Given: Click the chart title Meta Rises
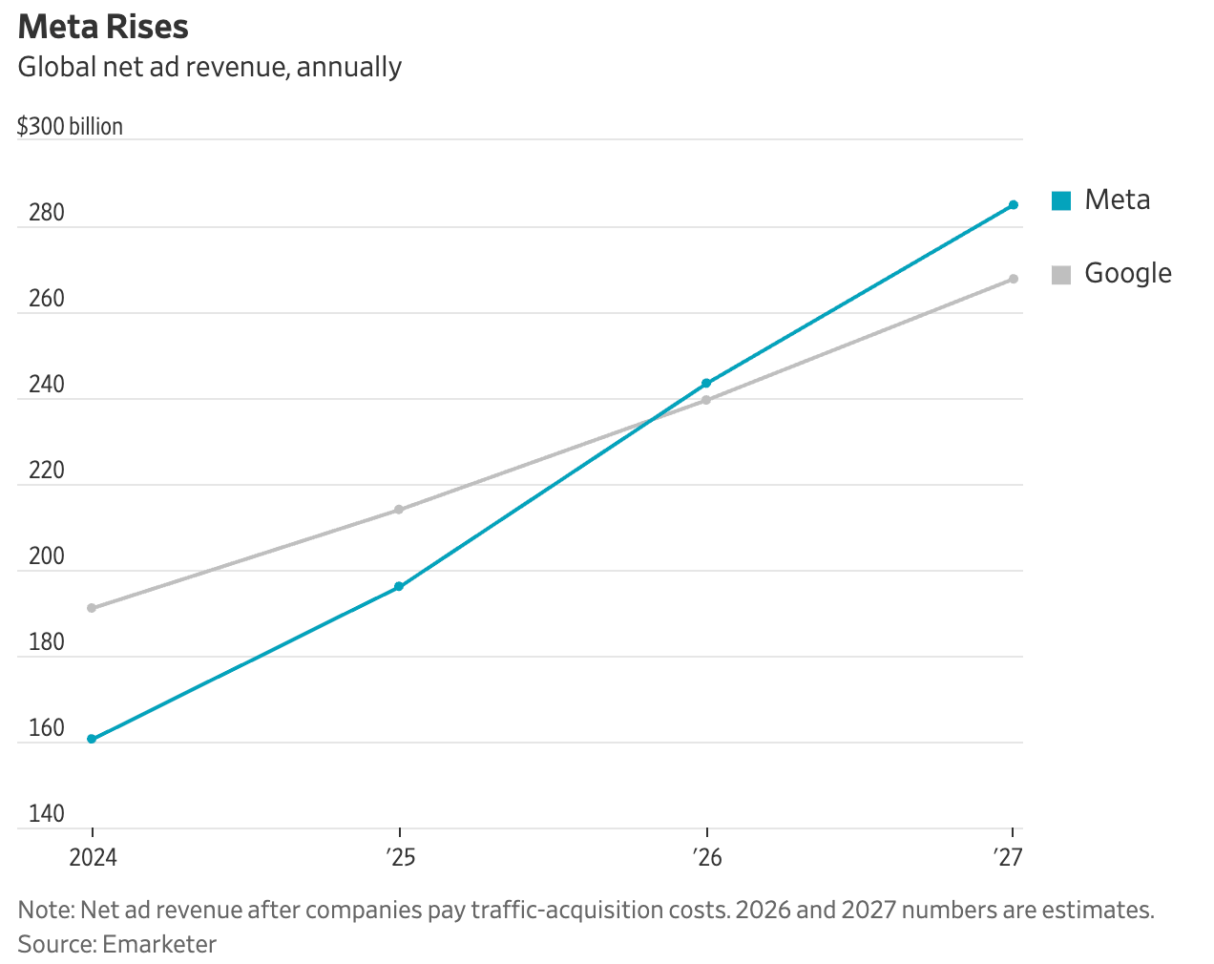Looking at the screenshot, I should tap(103, 27).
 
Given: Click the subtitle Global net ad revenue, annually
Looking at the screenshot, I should tap(210, 67).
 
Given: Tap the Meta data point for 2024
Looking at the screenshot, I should tap(92, 739).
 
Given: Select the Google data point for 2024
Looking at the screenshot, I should tap(92, 608).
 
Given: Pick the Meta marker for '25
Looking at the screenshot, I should tap(399, 586).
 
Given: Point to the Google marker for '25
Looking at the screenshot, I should tap(399, 510).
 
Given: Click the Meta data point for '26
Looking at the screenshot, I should tap(706, 384).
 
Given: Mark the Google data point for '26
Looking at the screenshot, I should tap(706, 400).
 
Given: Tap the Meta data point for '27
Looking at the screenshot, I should tap(1014, 205).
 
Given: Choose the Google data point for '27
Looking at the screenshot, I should tap(1014, 279).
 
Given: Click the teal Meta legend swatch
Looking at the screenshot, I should tap(1061, 200).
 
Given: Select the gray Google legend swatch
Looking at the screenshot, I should tap(1061, 274).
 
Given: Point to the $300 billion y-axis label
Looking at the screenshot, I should tap(70, 127).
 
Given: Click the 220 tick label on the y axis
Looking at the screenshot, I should tap(47, 471).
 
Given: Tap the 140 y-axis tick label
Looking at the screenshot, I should tap(47, 814).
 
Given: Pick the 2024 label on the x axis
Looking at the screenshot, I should tap(93, 857).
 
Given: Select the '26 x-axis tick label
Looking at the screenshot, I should tap(707, 857).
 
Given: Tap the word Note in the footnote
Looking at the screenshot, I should tap(44, 910).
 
